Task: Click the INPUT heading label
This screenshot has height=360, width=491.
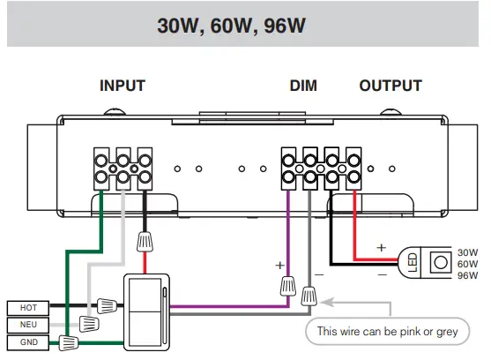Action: pyautogui.click(x=122, y=86)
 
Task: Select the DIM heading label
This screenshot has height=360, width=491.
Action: pyautogui.click(x=303, y=86)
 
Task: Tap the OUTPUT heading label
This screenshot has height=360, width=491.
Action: pyautogui.click(x=391, y=86)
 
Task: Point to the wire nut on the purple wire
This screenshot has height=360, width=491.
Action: pyautogui.click(x=287, y=284)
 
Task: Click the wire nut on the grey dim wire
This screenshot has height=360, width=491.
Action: pyautogui.click(x=309, y=296)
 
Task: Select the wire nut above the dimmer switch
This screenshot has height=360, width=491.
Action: pyautogui.click(x=144, y=240)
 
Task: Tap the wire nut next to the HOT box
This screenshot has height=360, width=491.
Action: pyautogui.click(x=107, y=307)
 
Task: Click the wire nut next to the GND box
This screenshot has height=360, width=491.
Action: pyautogui.click(x=70, y=341)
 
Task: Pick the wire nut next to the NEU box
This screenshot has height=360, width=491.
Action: pyautogui.click(x=87, y=325)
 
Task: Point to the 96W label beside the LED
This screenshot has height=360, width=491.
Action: pyautogui.click(x=466, y=276)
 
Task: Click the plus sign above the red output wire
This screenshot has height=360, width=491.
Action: pyautogui.click(x=381, y=248)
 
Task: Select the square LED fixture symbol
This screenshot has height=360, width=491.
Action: pyautogui.click(x=435, y=263)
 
